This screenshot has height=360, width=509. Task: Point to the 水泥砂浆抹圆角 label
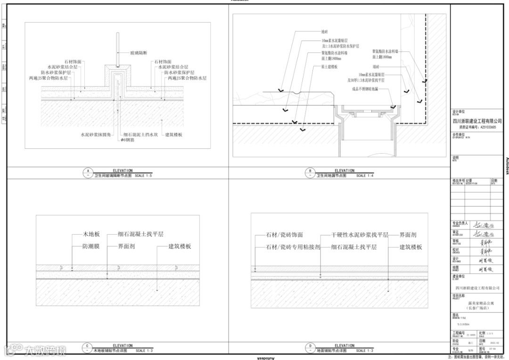(95, 135)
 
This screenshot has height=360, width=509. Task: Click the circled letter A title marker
(87, 171)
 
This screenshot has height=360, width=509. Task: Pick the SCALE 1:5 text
(144, 175)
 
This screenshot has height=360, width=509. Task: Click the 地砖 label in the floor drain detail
(324, 32)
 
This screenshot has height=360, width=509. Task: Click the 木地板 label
(91, 234)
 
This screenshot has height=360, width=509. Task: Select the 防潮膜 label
(91, 246)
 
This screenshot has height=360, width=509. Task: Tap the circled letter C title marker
(87, 346)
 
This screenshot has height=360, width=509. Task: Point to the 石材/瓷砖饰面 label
(285, 235)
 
